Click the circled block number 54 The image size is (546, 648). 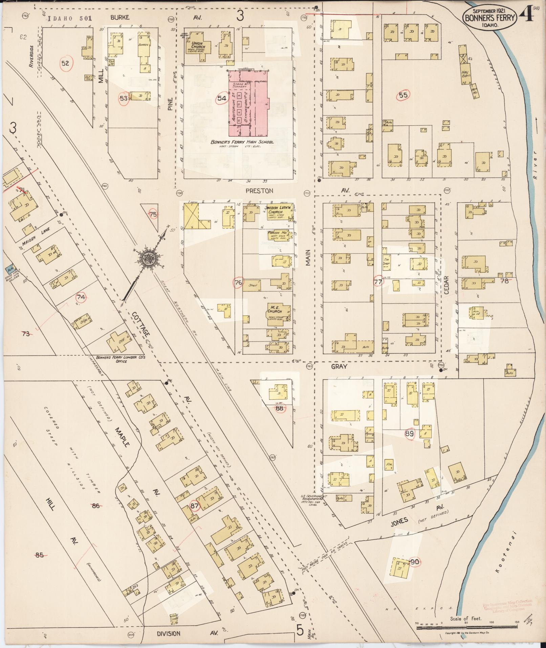click(221, 98)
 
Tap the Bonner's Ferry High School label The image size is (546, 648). click(242, 142)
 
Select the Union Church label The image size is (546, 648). click(198, 45)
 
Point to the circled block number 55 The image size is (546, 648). click(403, 95)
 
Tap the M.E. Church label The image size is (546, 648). click(275, 309)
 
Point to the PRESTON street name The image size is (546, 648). click(259, 191)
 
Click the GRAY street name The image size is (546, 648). click(339, 367)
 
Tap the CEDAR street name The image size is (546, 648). click(446, 285)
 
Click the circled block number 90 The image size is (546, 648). click(415, 562)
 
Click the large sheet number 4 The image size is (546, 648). click(526, 15)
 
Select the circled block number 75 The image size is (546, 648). click(153, 214)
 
